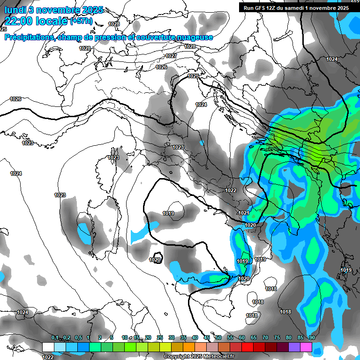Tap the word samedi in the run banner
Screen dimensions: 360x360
[296, 8]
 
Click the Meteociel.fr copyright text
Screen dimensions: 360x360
[199, 357]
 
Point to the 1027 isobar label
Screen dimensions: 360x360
[171, 56]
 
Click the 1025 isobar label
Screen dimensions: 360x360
[193, 76]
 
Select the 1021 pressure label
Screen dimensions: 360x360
[244, 213]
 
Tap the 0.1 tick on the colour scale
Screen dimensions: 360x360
[55, 338]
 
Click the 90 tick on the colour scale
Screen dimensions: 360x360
[312, 338]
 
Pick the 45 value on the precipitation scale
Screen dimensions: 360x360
[207, 338]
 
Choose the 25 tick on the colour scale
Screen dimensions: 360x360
[160, 338]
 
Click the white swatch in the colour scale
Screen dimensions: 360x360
[48, 347]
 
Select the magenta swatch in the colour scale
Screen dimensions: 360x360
[306, 347]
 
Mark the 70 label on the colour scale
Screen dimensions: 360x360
[265, 338]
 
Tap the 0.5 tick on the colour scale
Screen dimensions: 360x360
[78, 338]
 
